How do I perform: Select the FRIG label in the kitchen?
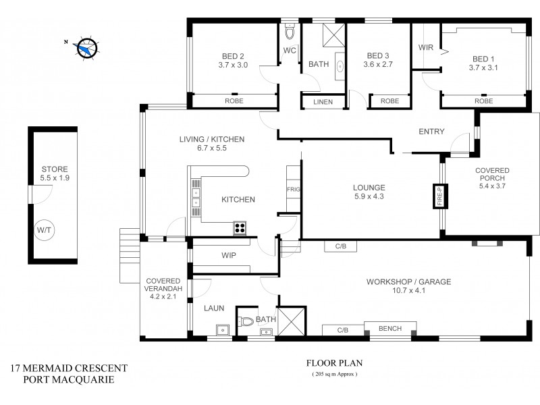[x=293, y=190]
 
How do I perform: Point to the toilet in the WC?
[x=290, y=32]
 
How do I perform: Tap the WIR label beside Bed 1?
[x=425, y=47]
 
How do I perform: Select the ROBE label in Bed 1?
[x=483, y=101]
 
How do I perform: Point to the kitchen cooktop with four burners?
[x=240, y=227]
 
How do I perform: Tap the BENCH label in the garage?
[x=390, y=329]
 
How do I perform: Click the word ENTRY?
[x=431, y=132]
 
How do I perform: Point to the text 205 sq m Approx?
[x=333, y=373]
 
